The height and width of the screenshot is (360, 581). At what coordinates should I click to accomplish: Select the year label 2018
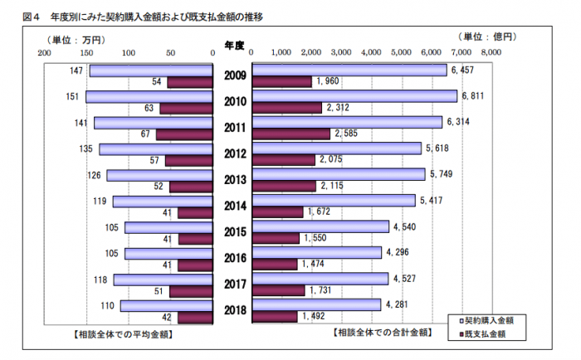[235, 311]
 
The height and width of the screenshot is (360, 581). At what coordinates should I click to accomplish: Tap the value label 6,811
[471, 96]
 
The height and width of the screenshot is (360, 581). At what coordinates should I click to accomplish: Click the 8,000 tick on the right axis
[491, 51]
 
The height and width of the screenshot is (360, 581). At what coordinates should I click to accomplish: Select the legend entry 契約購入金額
[490, 319]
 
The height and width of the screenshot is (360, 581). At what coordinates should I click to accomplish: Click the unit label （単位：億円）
[487, 36]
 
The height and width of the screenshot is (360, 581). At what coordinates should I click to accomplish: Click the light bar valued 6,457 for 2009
[349, 70]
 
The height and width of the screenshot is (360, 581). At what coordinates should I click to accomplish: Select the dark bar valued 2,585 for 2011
[291, 134]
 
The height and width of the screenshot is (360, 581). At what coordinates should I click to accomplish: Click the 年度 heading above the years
[234, 42]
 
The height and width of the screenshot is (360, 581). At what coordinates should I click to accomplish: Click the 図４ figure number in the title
[22, 17]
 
